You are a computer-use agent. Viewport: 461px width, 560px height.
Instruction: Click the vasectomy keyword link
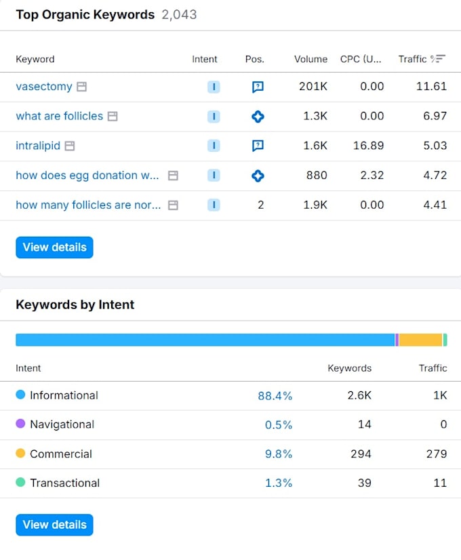coord(44,86)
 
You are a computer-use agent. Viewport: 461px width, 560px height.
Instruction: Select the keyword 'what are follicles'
coord(59,116)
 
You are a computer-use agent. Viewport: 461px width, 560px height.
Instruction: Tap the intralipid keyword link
coord(38,146)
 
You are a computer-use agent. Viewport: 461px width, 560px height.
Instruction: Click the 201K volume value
coord(313,86)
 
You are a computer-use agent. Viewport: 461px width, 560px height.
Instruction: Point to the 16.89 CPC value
coord(369,146)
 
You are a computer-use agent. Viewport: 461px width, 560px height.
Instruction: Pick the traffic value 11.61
coord(431,86)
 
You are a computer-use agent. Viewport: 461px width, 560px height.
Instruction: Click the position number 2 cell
coord(261,205)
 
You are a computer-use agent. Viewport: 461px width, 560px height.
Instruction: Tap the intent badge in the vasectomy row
coord(214,87)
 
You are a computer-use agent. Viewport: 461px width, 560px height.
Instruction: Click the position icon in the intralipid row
coord(258,146)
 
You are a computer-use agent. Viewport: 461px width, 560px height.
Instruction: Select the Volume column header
coord(310,59)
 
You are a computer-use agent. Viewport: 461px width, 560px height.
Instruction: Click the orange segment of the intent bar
coord(420,340)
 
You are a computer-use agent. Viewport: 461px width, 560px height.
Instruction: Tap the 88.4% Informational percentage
coord(275,396)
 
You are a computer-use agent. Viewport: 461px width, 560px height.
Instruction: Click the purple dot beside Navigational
coord(20,424)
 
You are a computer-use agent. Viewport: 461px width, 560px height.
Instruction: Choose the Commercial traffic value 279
coord(437,454)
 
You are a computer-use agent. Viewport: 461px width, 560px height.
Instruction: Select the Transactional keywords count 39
coord(364,483)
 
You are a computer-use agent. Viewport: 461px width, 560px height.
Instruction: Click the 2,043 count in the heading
coord(179,15)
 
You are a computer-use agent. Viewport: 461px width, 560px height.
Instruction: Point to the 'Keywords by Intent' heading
coord(75,304)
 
